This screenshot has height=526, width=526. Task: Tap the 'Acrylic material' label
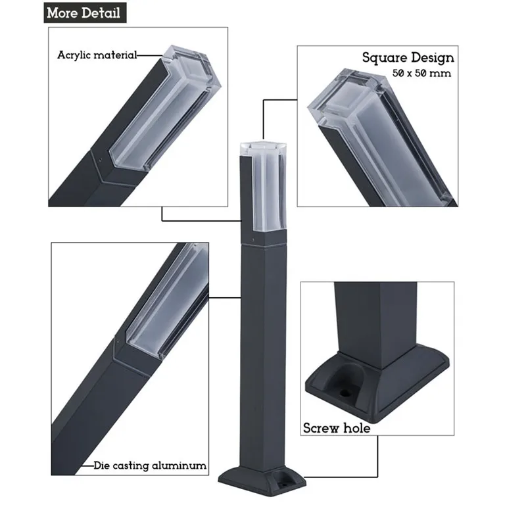pos(97,55)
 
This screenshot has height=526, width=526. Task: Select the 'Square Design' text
pos(408,58)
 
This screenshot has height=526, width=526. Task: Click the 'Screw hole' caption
pos(337,429)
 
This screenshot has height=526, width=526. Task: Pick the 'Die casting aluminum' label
pos(150,466)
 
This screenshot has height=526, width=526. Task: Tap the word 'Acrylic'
pos(72,55)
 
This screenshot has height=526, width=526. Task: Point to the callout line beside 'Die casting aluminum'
pos(85,466)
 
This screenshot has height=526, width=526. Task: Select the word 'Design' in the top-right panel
pos(431,58)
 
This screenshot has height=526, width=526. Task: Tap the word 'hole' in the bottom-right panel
pos(357,429)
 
